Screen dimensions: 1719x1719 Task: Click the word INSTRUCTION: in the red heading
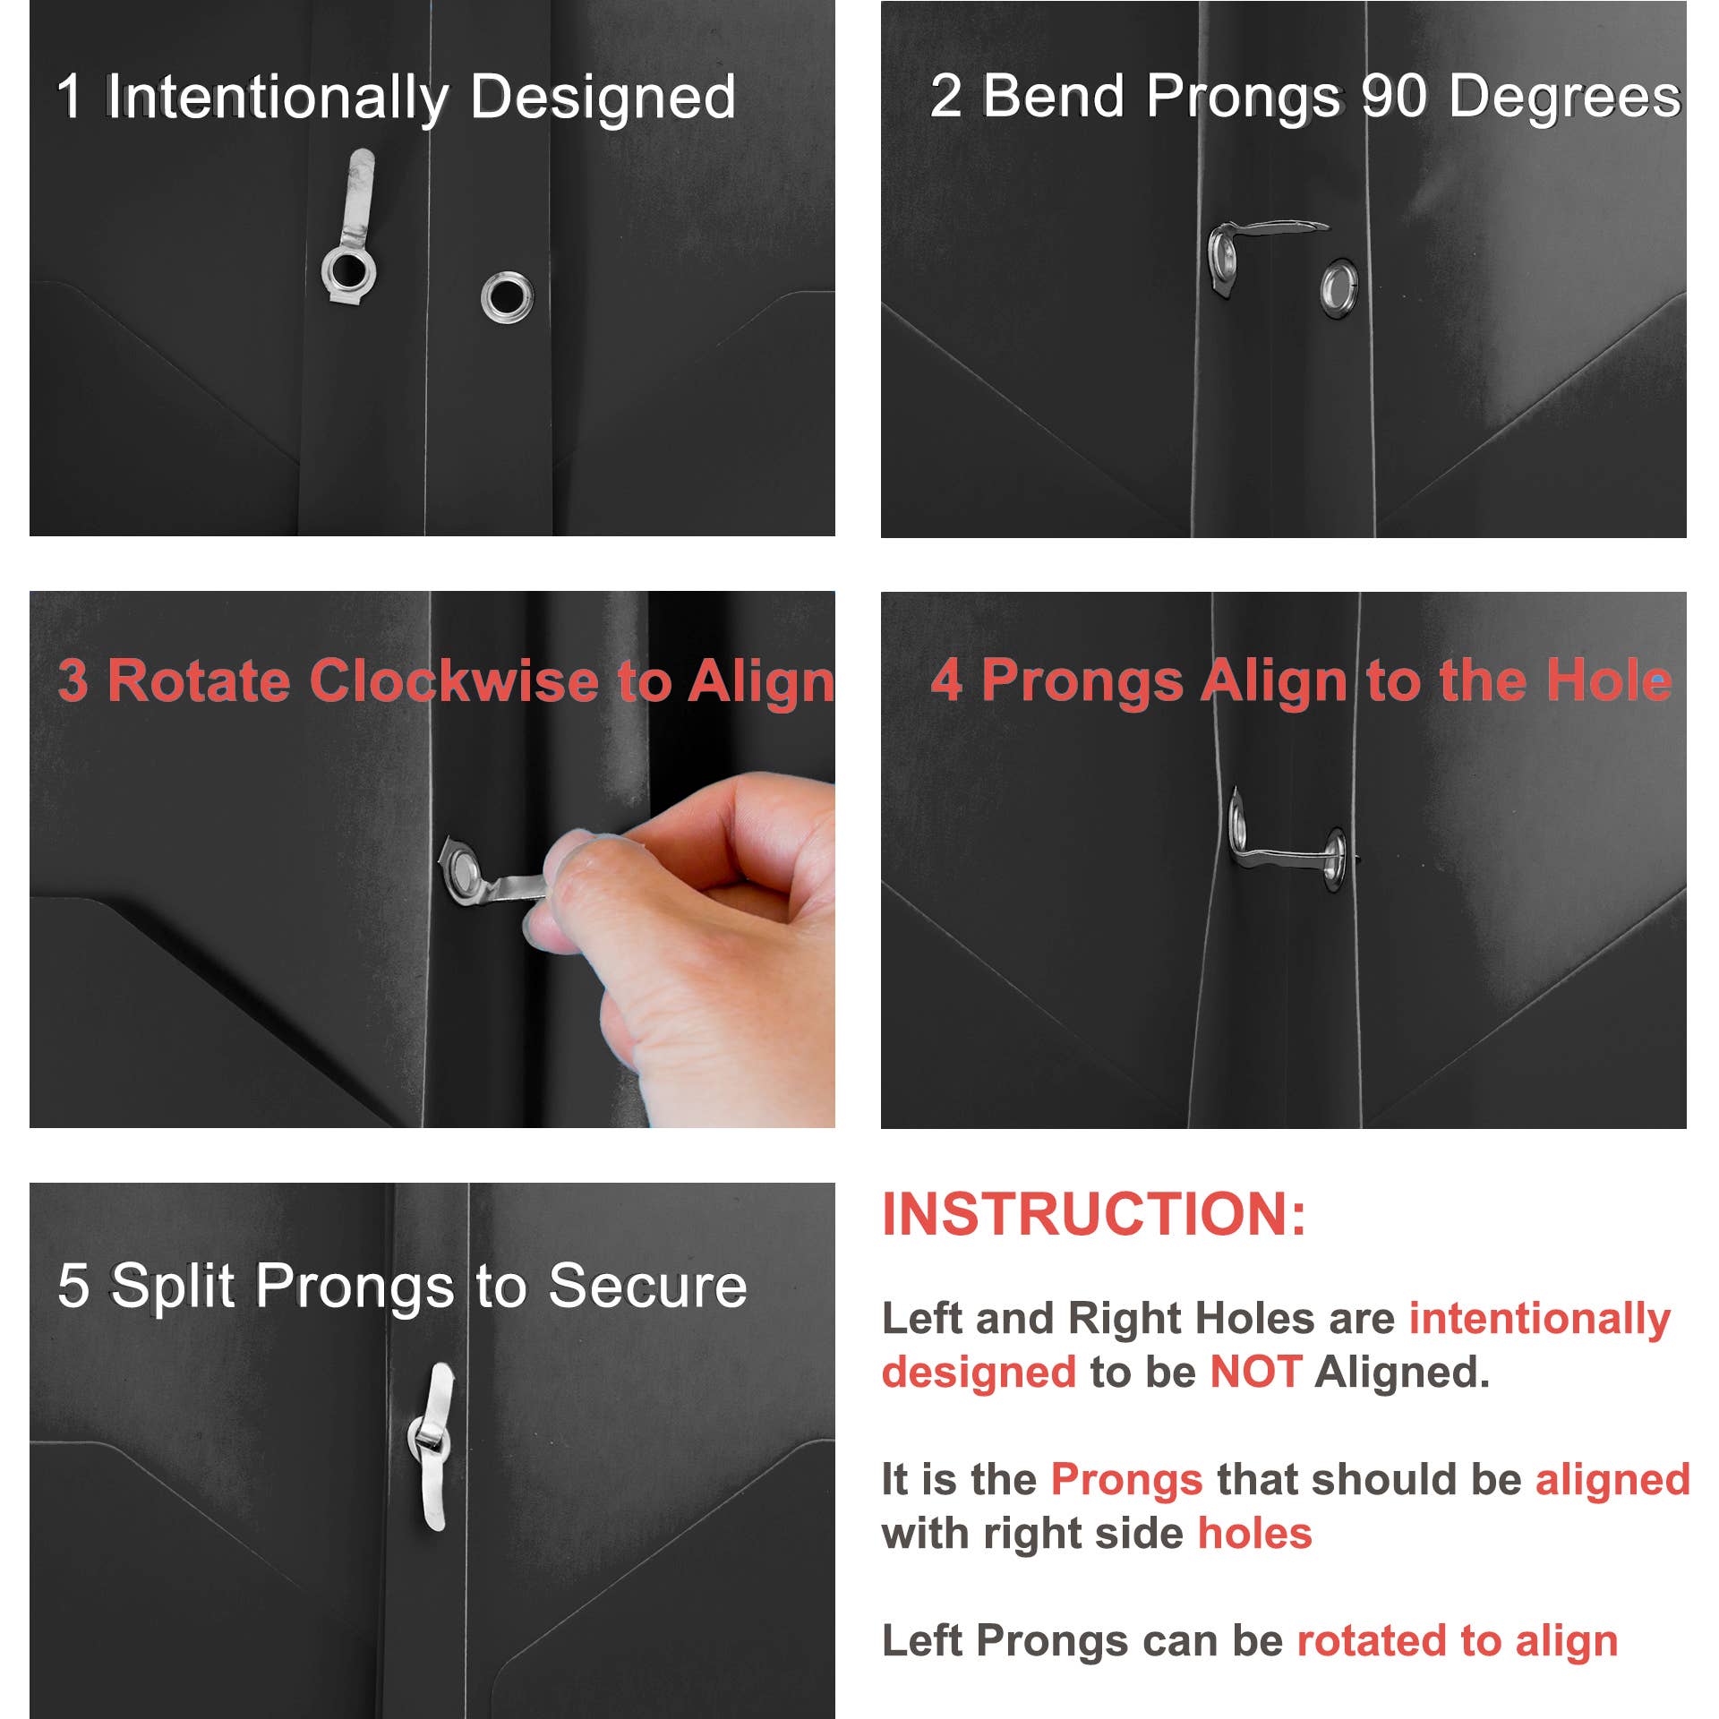tap(1094, 1215)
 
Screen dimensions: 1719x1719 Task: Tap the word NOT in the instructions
tap(1255, 1373)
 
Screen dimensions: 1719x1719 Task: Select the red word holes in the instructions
tap(1254, 1534)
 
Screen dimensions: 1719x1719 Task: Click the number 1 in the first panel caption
tap(69, 97)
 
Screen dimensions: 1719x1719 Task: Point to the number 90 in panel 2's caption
tap(1394, 96)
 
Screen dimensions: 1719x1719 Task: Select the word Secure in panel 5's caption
tap(647, 1287)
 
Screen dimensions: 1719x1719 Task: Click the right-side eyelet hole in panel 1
tap(507, 298)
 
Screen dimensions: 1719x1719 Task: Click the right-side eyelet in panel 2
tap(1339, 288)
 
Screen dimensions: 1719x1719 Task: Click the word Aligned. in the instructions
tap(1402, 1373)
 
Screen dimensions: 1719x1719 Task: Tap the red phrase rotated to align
tap(1458, 1641)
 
